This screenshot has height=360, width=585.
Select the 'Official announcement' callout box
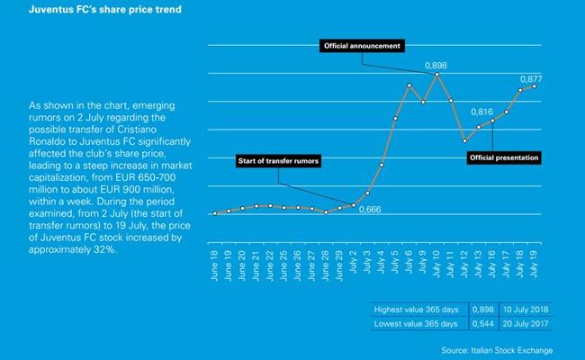pyautogui.click(x=364, y=45)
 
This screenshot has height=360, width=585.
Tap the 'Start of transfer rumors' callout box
pyautogui.click(x=279, y=162)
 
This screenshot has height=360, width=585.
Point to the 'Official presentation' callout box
pyautogui.click(x=504, y=157)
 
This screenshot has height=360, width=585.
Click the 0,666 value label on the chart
pyautogui.click(x=371, y=210)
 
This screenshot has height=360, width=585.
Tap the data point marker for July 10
pyautogui.click(x=437, y=75)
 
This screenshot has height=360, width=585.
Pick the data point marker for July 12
pyautogui.click(x=464, y=140)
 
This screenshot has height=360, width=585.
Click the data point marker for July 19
pyautogui.click(x=535, y=86)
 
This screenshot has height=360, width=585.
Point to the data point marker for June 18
pyautogui.click(x=214, y=213)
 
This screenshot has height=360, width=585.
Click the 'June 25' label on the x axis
pyautogui.click(x=284, y=260)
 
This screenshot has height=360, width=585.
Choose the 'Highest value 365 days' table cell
pyautogui.click(x=416, y=310)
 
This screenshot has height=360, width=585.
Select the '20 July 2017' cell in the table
pyautogui.click(x=526, y=323)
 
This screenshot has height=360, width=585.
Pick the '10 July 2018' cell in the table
pyautogui.click(x=526, y=310)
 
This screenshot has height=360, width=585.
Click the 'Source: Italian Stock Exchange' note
pyautogui.click(x=497, y=348)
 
